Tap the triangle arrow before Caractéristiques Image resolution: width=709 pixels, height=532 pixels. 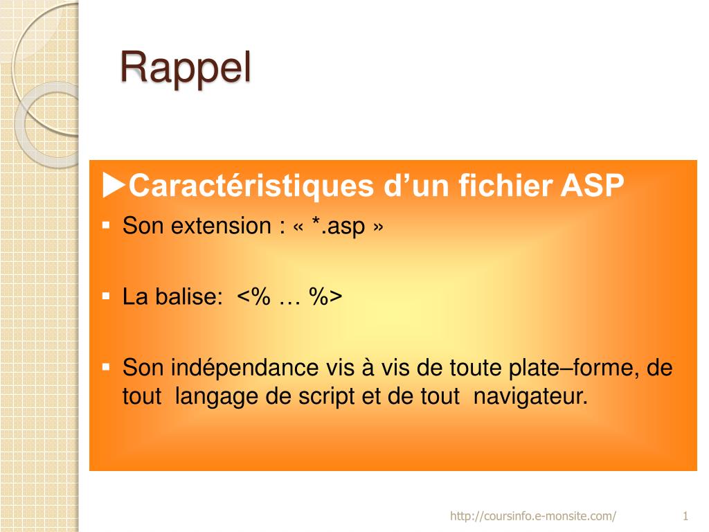(x=114, y=185)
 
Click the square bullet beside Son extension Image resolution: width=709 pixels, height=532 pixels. (x=106, y=225)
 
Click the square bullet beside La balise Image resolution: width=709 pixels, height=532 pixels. (x=106, y=296)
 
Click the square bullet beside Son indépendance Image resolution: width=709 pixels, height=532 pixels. (x=106, y=366)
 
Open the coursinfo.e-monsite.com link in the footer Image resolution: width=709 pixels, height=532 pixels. (x=532, y=515)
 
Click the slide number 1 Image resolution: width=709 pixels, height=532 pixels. (x=685, y=515)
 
